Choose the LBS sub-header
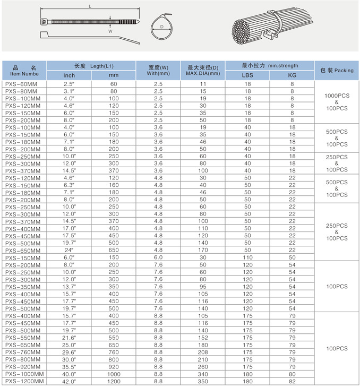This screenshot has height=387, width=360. click(x=247, y=75)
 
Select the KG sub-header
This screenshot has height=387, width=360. click(x=292, y=75)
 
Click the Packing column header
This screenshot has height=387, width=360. click(x=337, y=70)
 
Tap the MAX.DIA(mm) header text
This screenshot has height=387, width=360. click(x=203, y=73)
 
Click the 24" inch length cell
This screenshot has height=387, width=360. click(x=69, y=250)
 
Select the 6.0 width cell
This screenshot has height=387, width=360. click(x=158, y=257)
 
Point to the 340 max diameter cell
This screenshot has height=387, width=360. click(x=203, y=373)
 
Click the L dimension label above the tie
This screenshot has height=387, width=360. click(x=90, y=7)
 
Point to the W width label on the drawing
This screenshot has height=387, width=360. click(x=110, y=31)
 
